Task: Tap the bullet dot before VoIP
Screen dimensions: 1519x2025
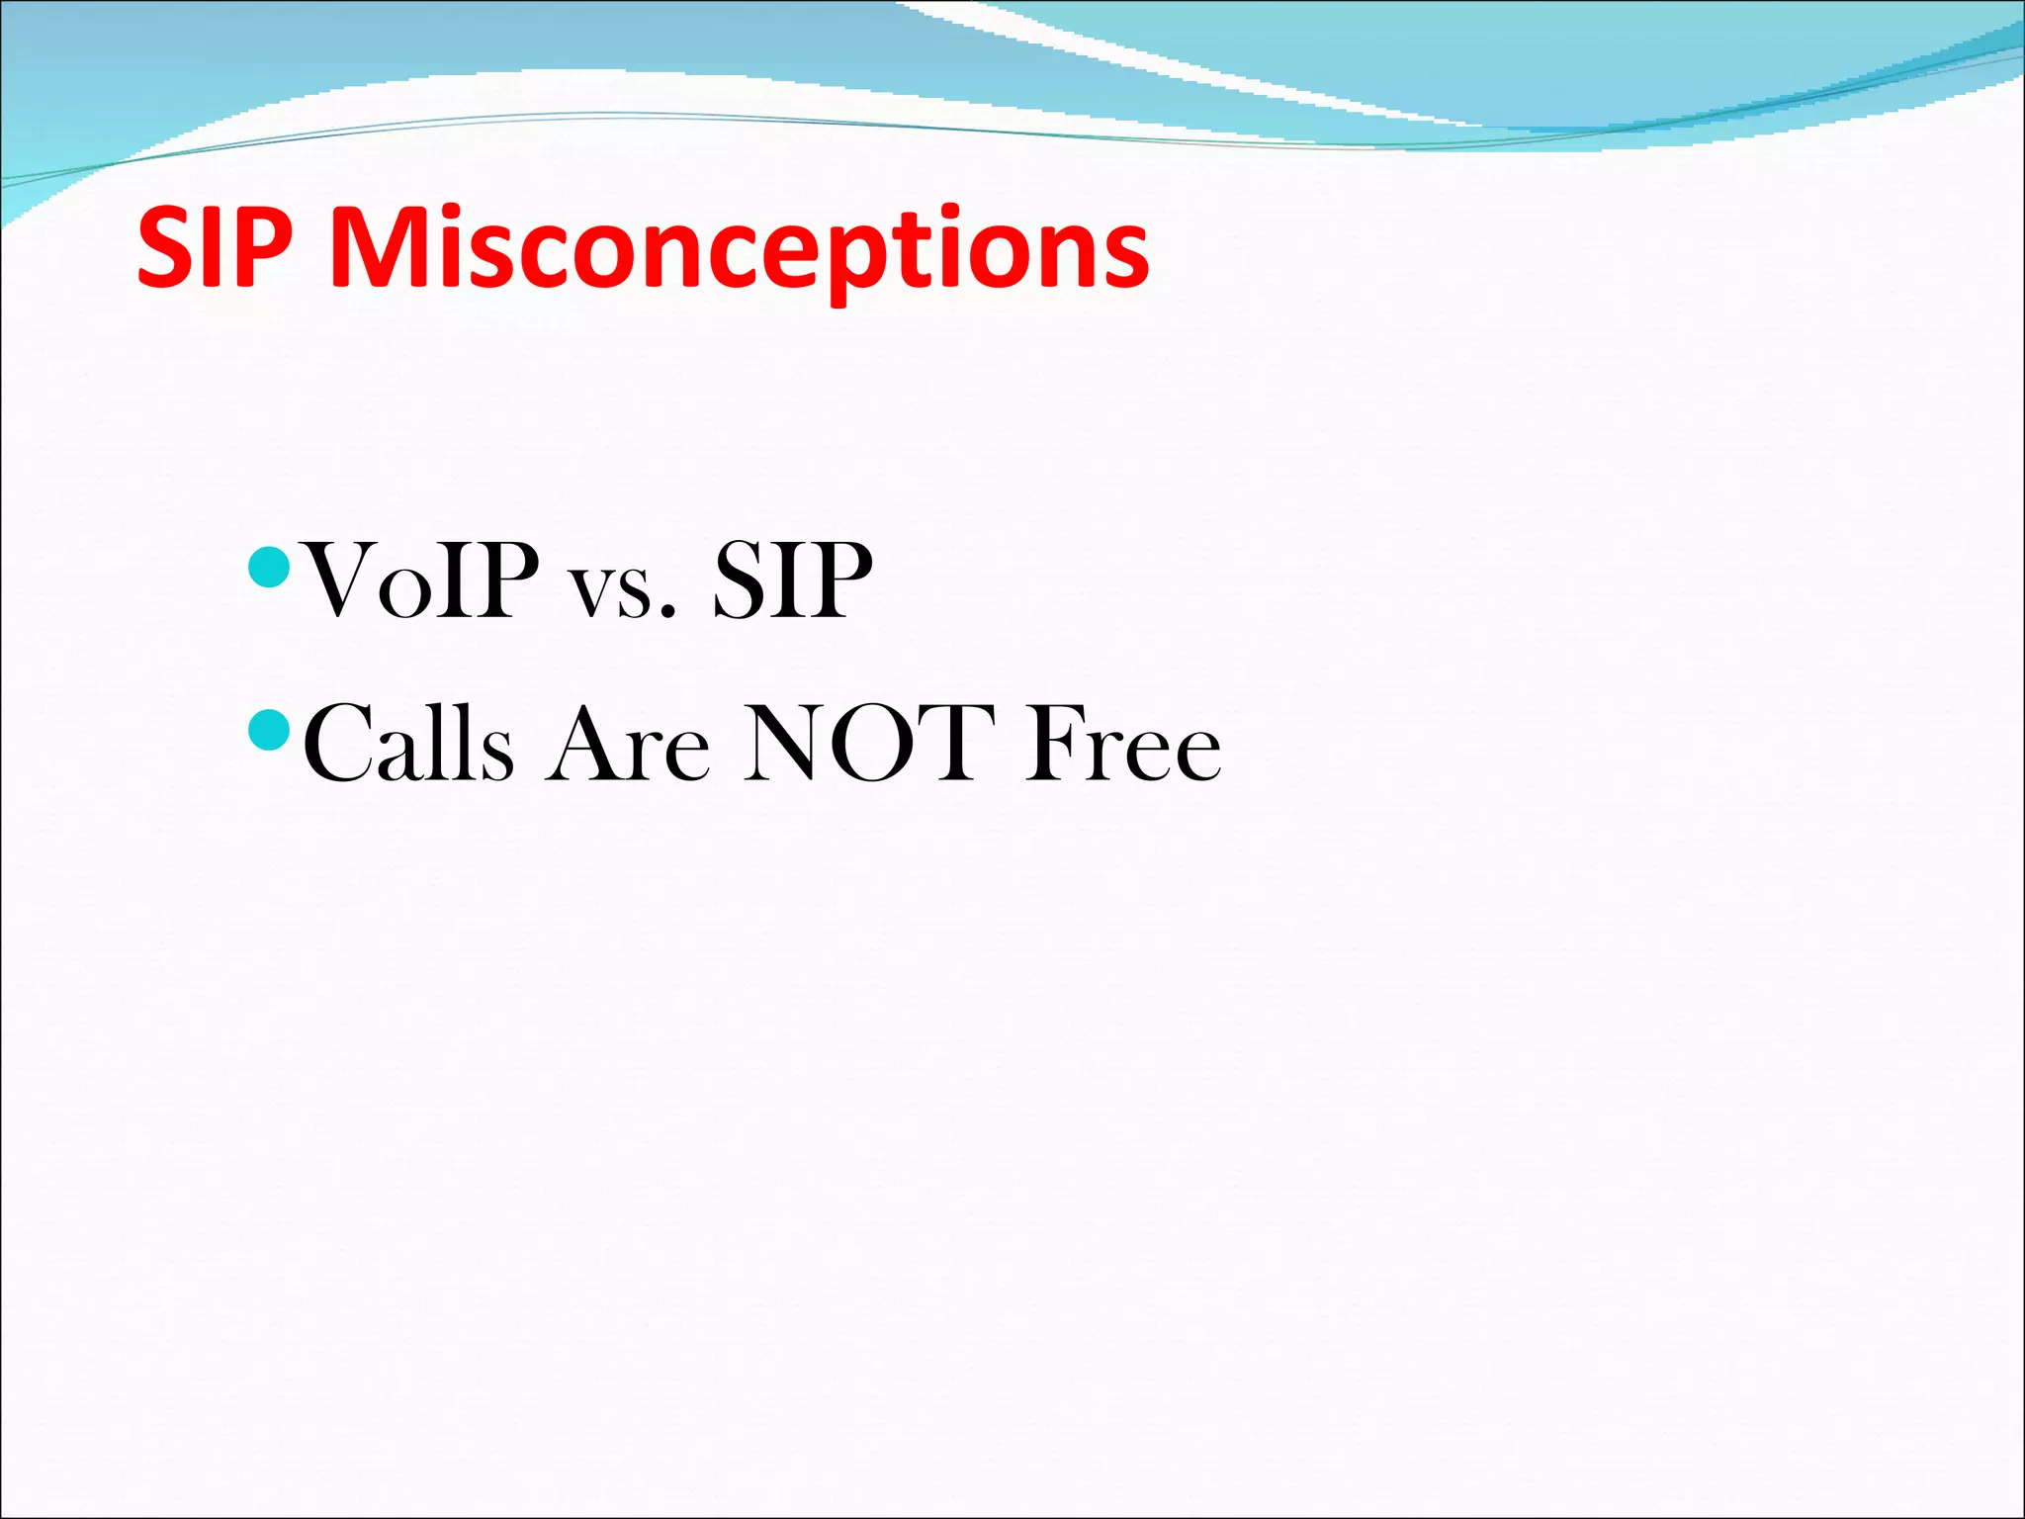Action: (268, 567)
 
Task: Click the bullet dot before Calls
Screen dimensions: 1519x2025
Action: (268, 730)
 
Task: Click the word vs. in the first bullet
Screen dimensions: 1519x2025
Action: (622, 591)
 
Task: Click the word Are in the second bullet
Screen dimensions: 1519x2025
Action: (629, 744)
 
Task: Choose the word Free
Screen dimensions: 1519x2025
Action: (1122, 744)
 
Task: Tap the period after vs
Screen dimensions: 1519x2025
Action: (669, 612)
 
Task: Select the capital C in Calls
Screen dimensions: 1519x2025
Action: (340, 744)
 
